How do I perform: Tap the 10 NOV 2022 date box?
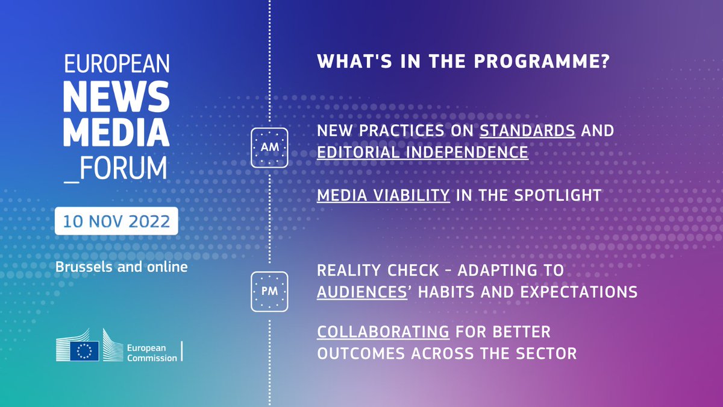click(x=116, y=221)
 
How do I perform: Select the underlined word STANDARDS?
click(x=527, y=131)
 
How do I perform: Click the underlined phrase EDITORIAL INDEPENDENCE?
click(x=422, y=153)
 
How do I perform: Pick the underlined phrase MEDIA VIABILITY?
click(x=383, y=195)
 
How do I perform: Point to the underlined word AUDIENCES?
click(x=362, y=292)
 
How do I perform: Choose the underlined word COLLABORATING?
click(x=383, y=332)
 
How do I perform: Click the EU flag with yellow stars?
click(x=84, y=351)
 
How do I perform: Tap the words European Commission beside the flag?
click(x=152, y=353)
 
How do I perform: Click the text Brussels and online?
click(x=121, y=267)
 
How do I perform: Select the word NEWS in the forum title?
click(x=116, y=96)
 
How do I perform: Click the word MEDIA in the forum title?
click(x=116, y=132)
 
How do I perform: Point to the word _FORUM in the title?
click(x=116, y=169)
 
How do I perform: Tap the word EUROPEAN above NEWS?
click(x=117, y=64)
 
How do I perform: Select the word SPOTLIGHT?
click(x=557, y=195)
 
